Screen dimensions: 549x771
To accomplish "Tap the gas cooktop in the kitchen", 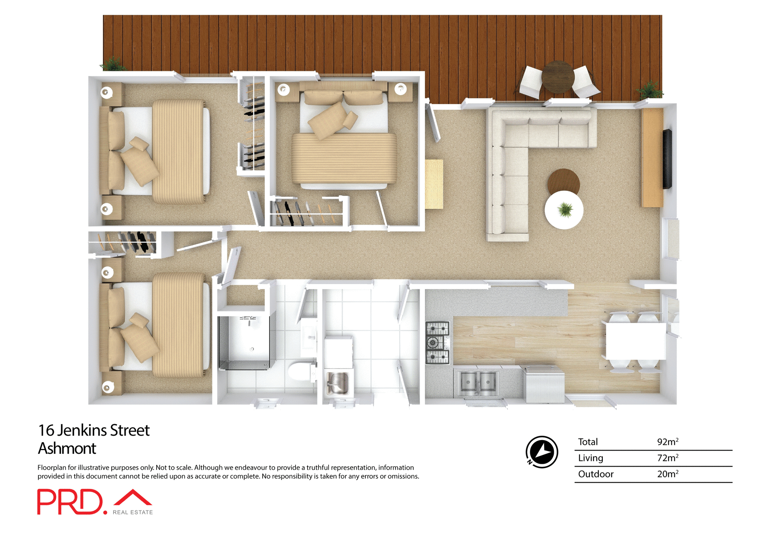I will (437, 343).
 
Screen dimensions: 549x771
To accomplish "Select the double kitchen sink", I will (478, 382).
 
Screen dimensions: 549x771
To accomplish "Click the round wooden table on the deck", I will (558, 76).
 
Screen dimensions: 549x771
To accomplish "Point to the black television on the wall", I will (667, 159).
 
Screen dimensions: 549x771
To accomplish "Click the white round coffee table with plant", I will (564, 210).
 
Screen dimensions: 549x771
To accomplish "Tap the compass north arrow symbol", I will (542, 452).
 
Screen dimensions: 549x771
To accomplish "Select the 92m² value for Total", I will (667, 442).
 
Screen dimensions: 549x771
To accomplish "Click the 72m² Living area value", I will (667, 458).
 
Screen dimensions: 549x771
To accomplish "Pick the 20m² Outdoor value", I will (667, 474).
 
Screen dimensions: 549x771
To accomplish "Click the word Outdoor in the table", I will (596, 474).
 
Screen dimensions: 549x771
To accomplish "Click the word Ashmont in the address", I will (67, 449).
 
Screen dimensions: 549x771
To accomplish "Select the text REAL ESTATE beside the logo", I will (133, 512).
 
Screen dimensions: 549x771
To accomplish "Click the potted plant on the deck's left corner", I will (114, 64).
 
